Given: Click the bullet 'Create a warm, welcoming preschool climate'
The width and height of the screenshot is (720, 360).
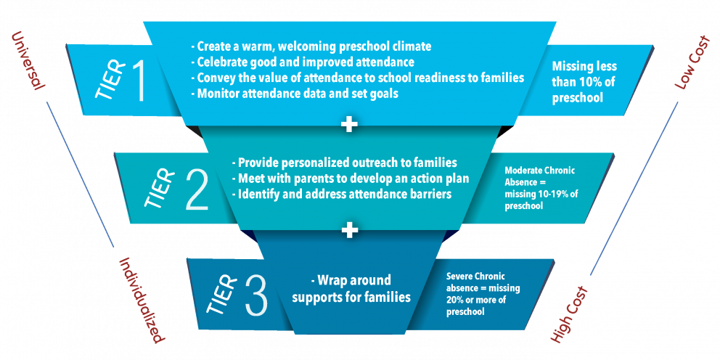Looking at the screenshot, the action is [311, 46].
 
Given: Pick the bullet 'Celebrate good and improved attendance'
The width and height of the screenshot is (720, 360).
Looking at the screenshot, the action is [303, 62].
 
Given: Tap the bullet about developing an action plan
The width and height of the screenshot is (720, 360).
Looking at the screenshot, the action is [351, 179].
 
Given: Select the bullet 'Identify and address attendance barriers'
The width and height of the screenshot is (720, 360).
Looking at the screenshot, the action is [342, 195].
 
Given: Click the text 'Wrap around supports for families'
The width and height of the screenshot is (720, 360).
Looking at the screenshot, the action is [351, 289].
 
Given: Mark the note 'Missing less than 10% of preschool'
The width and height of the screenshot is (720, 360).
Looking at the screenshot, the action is [584, 82].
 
